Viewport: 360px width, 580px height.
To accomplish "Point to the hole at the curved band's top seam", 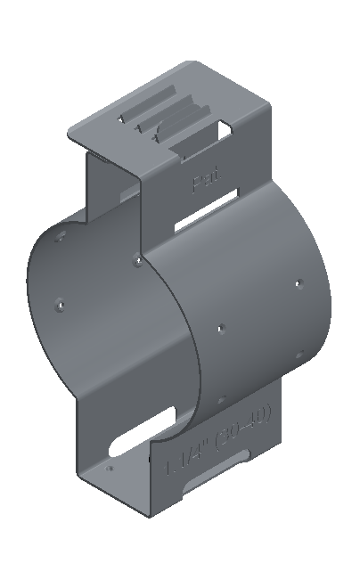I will [136, 261].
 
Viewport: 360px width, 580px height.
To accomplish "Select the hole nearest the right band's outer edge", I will [299, 284].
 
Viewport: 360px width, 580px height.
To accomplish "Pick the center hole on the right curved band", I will [221, 328].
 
